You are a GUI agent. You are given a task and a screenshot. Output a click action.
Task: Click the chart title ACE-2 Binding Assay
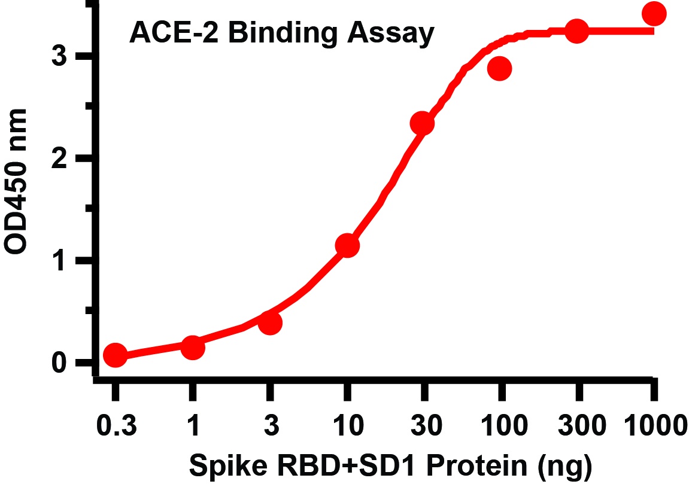click(x=281, y=34)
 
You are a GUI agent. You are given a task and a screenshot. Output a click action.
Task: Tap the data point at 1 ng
click(x=193, y=347)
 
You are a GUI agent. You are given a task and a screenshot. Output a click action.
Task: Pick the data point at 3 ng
click(x=270, y=323)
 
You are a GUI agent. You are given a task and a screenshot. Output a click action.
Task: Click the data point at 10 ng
click(x=347, y=245)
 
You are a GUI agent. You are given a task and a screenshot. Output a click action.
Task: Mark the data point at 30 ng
click(x=422, y=123)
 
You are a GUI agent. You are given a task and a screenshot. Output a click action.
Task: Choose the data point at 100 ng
click(x=499, y=69)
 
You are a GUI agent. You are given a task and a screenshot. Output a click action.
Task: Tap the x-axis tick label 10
click(x=347, y=427)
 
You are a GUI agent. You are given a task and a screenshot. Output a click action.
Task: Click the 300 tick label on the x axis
click(x=578, y=427)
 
